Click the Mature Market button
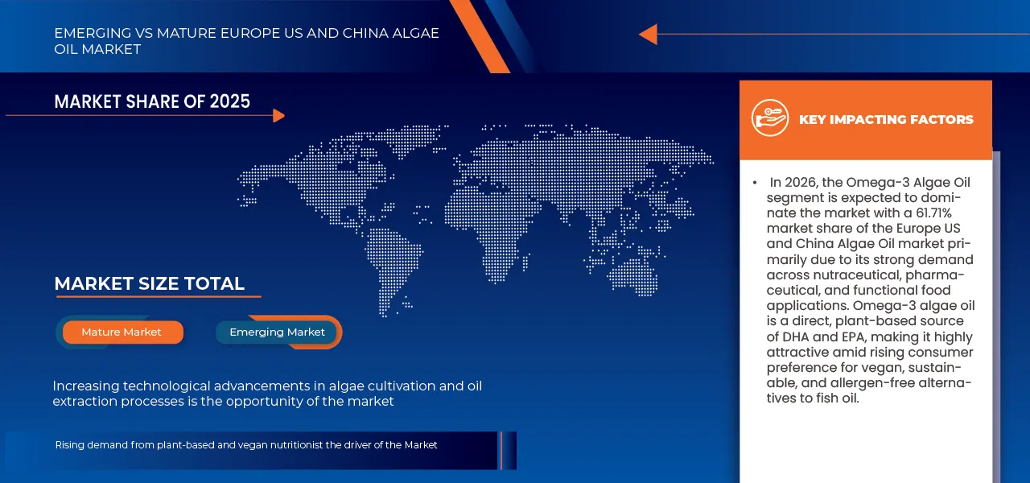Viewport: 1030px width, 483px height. pos(122,332)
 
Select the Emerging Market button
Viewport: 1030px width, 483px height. pos(277,332)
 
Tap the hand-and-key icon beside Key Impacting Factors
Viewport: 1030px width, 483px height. pos(770,118)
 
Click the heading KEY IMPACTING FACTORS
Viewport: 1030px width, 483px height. pos(886,120)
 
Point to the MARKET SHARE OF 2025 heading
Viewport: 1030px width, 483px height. pos(152,101)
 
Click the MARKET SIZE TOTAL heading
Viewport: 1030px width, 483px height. pos(149,283)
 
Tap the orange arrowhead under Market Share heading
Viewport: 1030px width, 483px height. pos(278,116)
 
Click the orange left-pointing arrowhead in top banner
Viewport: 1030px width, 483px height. pos(648,35)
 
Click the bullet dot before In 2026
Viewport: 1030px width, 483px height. pos(755,184)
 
